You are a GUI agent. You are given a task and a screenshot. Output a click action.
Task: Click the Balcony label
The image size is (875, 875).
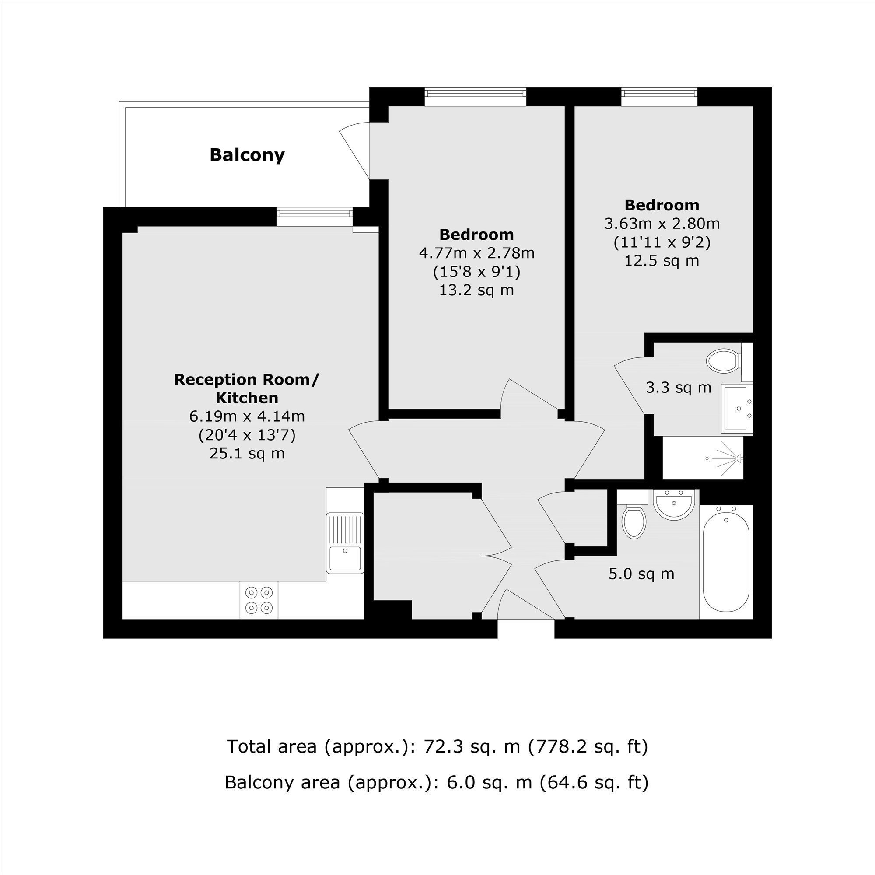[247, 155]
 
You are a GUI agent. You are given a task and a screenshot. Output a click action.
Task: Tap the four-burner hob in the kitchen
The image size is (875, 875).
[259, 600]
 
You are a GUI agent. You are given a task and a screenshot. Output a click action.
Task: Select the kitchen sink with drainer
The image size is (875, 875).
[345, 543]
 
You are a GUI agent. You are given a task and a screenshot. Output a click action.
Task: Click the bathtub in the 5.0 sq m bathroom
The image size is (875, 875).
[726, 562]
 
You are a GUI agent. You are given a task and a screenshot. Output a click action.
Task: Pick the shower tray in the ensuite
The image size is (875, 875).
[703, 458]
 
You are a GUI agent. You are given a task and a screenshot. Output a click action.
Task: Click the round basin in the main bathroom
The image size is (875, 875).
[674, 504]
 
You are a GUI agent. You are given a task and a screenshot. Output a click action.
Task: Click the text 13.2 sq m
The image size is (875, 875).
[476, 290]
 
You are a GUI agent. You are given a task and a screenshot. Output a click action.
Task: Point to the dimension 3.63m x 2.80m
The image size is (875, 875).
[661, 223]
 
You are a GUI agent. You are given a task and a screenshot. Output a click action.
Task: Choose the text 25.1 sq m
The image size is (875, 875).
[247, 453]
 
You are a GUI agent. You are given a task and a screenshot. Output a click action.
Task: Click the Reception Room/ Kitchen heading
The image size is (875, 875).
[247, 388]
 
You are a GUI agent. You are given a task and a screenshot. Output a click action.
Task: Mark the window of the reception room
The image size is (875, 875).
[315, 217]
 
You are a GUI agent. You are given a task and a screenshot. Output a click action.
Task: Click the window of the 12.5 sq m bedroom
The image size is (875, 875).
[659, 96]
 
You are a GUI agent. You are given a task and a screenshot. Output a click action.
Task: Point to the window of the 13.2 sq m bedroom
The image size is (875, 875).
[475, 96]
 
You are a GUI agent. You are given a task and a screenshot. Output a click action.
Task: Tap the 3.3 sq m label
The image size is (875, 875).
[679, 388]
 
